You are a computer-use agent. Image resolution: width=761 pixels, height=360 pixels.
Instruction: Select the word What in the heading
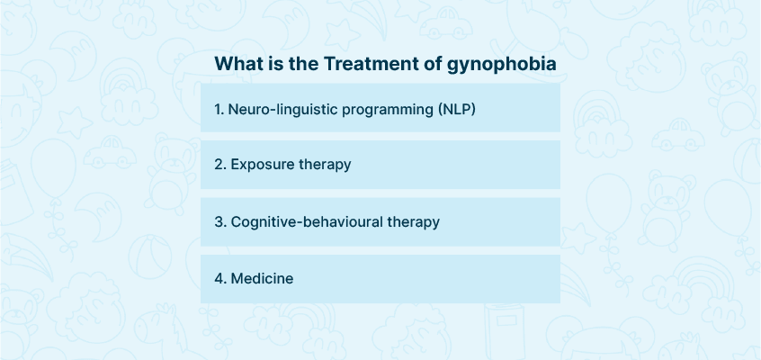(x=237, y=64)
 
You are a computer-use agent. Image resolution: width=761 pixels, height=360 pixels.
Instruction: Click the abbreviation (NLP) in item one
(x=456, y=110)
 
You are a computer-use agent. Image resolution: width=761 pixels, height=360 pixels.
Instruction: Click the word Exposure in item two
(x=263, y=165)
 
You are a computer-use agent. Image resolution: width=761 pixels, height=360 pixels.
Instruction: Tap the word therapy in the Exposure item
(x=325, y=166)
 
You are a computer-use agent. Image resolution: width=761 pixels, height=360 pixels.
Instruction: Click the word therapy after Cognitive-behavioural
(x=414, y=222)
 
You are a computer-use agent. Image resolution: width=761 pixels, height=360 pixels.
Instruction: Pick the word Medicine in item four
(x=262, y=278)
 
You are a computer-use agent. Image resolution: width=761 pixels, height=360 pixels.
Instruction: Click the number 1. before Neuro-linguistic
(x=219, y=110)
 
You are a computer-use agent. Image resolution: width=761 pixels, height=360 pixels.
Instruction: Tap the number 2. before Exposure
(x=220, y=165)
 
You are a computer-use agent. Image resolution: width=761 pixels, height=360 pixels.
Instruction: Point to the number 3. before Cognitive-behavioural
(x=220, y=222)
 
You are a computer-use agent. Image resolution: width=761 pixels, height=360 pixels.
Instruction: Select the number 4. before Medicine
(x=220, y=279)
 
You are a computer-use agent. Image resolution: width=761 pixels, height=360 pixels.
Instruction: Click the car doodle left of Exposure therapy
(x=110, y=153)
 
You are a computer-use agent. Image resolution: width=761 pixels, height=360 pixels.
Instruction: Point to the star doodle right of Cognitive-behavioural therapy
(x=578, y=239)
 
